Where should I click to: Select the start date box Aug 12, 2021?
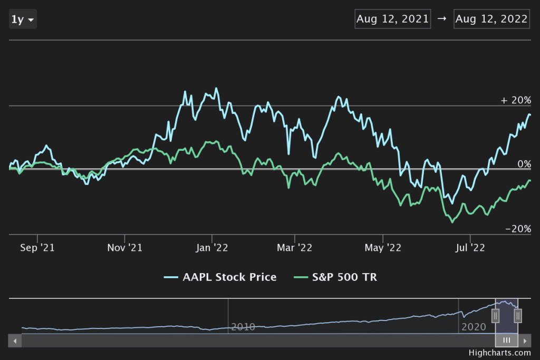[392, 19]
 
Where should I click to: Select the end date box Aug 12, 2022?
[491, 19]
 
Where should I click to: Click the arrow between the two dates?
[442, 19]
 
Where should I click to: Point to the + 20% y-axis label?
[516, 100]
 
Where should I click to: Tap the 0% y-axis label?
[524, 164]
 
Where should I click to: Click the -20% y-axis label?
[518, 229]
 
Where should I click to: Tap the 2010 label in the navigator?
[243, 327]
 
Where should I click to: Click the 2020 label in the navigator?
[474, 327]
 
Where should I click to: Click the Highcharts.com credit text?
[499, 353]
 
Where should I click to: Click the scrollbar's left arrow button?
[15, 340]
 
